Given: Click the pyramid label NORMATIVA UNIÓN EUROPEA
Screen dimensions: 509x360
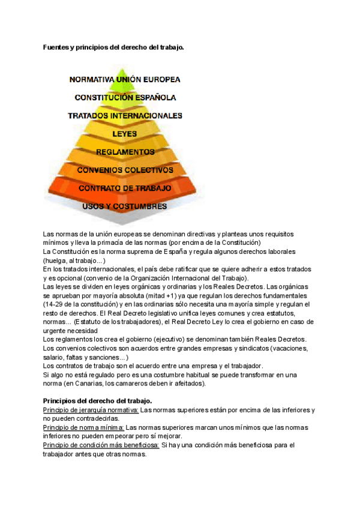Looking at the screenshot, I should coord(125,79).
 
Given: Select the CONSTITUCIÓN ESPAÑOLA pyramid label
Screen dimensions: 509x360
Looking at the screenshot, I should coord(125,97).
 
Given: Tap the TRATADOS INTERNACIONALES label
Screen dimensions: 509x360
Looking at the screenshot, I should coord(125,115).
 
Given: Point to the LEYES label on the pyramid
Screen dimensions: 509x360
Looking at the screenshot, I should coord(125,133).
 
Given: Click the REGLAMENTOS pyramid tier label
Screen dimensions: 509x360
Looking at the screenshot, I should coord(125,152).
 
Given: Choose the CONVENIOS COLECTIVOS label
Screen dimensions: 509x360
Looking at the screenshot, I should coord(125,170).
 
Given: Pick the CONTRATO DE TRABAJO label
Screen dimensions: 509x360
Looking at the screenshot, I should coord(125,188).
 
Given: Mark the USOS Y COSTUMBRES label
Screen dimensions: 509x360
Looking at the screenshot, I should coord(124,206).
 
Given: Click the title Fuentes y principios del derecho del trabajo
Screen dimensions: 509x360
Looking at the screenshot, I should coord(113,47).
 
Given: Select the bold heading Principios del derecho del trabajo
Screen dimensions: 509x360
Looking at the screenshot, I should coord(98,400).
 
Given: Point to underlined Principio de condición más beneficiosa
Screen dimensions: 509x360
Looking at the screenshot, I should coord(101,445).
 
